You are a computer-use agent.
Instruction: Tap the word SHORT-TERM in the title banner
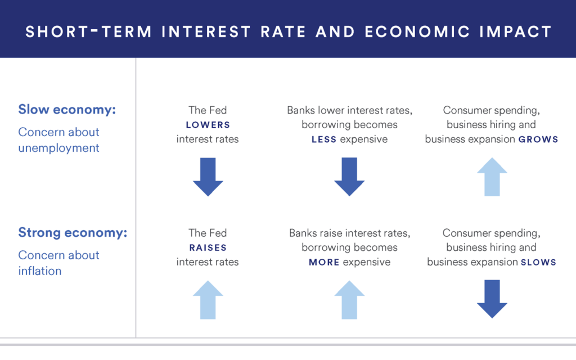(88, 31)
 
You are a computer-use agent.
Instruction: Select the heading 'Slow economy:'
(67, 109)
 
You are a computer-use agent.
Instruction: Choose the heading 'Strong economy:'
(73, 232)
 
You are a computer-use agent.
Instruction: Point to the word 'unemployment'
(58, 148)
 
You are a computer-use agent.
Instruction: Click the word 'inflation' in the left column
(39, 271)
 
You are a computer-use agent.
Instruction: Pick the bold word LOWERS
(208, 125)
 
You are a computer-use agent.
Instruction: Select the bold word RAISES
(208, 247)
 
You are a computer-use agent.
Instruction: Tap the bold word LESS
(324, 139)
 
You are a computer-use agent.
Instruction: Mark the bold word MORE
(324, 262)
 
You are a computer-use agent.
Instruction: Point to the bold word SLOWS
(538, 262)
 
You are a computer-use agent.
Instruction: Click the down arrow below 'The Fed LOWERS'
(208, 177)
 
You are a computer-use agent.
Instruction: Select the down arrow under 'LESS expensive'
(349, 177)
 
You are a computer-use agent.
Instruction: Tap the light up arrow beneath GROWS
(492, 177)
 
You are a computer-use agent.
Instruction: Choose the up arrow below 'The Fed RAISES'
(208, 299)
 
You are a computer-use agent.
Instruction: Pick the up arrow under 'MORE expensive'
(349, 299)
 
